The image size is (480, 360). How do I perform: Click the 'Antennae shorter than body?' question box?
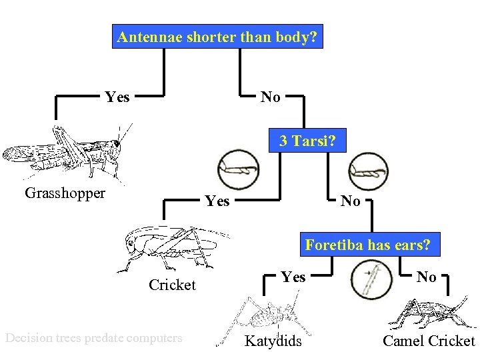point(217,37)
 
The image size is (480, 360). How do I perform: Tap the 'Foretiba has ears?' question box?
point(368,245)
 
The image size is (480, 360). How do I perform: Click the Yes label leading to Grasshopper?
point(117,97)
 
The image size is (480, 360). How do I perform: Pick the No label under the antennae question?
point(270,97)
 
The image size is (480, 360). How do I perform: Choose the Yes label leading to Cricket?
point(217,201)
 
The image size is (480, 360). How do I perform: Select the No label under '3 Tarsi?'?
point(351,201)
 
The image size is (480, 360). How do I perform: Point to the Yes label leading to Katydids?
point(293,277)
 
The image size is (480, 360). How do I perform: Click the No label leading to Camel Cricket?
point(427,277)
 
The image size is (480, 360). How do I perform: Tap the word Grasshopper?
point(65,193)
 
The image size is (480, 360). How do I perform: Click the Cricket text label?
point(172,285)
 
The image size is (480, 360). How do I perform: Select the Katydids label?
point(273,342)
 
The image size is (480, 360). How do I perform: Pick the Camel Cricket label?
point(429,342)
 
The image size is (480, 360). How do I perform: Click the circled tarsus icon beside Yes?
point(238,165)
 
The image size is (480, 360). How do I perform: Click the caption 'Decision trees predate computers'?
point(93,338)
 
